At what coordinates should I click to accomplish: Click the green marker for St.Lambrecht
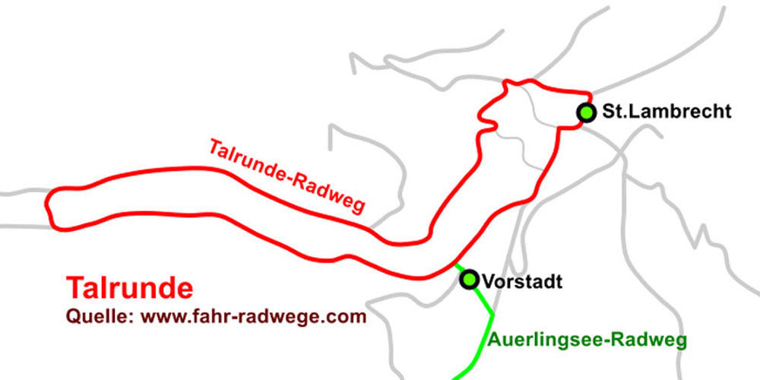click(x=586, y=112)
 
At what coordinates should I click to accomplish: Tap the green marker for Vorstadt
click(x=470, y=280)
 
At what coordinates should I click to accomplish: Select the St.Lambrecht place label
click(x=667, y=112)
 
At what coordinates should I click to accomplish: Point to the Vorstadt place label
click(x=522, y=282)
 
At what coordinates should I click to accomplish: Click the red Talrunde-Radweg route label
click(x=287, y=176)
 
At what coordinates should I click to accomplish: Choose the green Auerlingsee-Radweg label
click(x=588, y=339)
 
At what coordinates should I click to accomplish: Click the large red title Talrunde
click(x=129, y=288)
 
